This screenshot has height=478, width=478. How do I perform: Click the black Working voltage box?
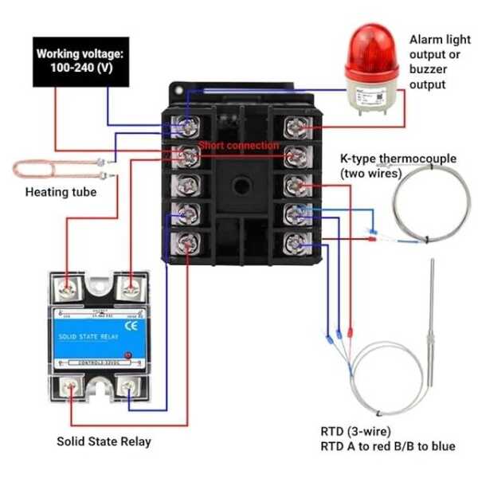[79, 61]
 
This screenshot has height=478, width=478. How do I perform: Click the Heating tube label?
[61, 192]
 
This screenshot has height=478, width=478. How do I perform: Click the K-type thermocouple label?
[398, 165]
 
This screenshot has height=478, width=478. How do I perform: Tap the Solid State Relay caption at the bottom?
[103, 441]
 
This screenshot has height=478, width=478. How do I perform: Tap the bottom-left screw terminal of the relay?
[72, 389]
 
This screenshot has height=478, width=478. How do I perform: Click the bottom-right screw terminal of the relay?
[128, 389]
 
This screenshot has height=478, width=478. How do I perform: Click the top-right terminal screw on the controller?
[297, 126]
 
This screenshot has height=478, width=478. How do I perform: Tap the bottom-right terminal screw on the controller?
[297, 239]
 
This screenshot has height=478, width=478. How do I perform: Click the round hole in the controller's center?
[241, 184]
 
